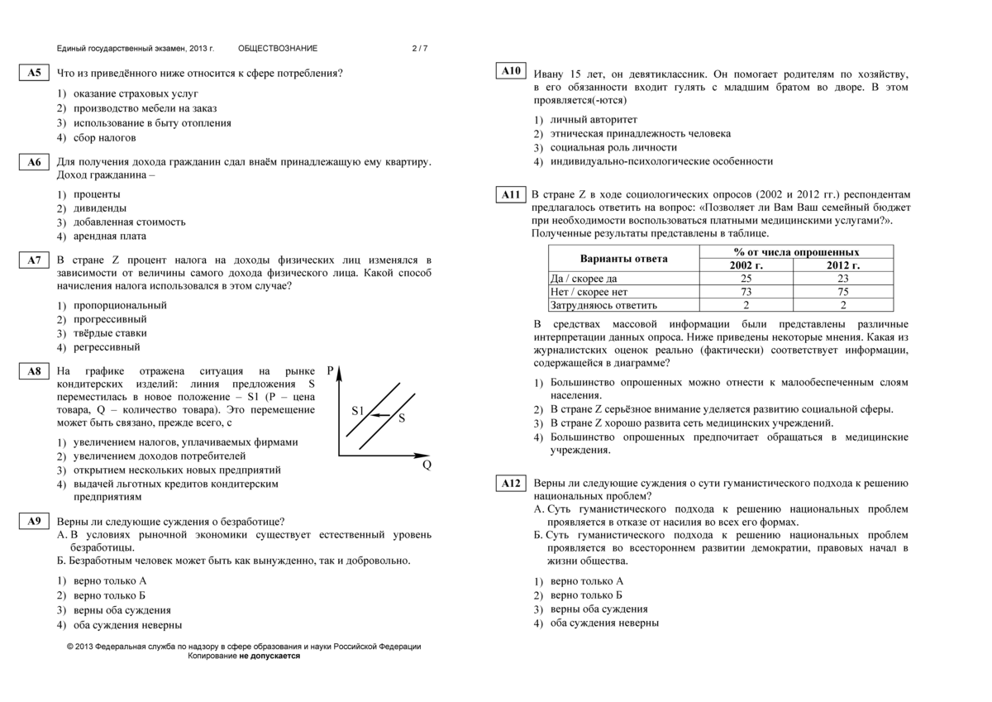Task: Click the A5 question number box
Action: pos(34,74)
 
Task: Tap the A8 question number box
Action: pos(34,372)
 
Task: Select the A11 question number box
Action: pos(511,195)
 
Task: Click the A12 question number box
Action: pos(511,483)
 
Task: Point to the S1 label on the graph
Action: pos(358,411)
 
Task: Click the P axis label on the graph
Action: pos(331,371)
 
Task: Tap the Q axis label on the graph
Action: pos(427,465)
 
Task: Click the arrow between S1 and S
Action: pos(379,414)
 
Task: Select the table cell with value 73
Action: pos(746,292)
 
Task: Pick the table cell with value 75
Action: pos(842,292)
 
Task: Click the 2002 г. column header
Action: pos(746,265)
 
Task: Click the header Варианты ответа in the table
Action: pos(623,259)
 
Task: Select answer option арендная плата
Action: pos(110,236)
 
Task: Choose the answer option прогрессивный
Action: pos(110,319)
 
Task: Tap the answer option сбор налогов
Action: pos(105,138)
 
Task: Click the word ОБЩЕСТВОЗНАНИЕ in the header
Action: pos(277,49)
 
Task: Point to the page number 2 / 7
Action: pos(420,49)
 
